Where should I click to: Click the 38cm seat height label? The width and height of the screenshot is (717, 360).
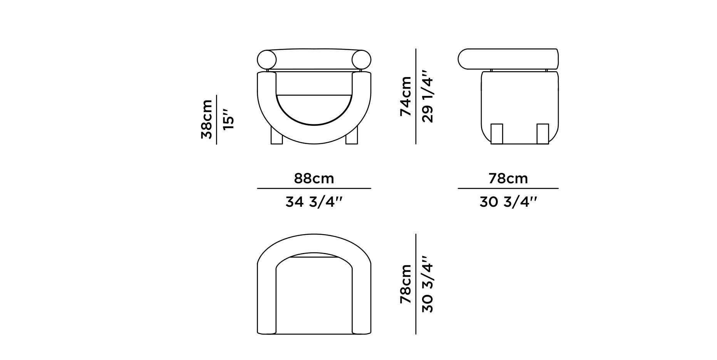[207, 119]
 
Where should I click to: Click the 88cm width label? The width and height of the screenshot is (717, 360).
[314, 179]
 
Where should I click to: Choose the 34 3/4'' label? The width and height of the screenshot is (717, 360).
[314, 202]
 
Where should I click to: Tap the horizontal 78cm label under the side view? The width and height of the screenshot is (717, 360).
[508, 179]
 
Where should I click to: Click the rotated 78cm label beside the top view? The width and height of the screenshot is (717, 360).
[406, 284]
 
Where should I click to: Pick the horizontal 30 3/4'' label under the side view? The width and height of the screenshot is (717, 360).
[508, 202]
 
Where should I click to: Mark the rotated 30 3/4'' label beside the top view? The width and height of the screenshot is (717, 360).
[428, 284]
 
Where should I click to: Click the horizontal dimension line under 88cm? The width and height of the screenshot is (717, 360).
[314, 188]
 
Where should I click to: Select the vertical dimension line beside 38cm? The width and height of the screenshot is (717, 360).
[217, 119]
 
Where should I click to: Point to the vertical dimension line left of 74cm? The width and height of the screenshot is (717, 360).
[416, 96]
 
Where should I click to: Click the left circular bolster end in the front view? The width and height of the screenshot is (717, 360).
[267, 60]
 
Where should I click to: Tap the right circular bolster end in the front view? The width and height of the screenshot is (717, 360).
[361, 60]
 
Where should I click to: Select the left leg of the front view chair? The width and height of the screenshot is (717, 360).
[276, 137]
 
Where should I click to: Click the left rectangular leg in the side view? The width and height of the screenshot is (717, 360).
[497, 133]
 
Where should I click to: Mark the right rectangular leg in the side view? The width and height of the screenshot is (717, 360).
[543, 133]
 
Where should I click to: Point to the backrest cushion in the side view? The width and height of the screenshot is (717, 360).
[508, 59]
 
